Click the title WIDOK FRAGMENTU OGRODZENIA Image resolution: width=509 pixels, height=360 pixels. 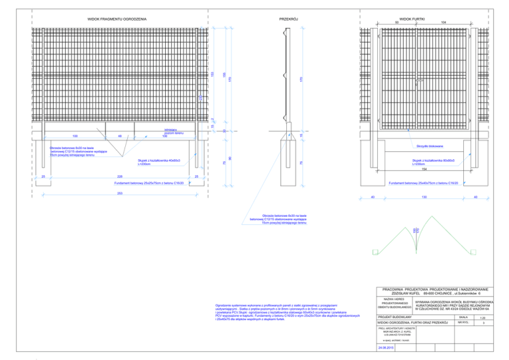click(117, 20)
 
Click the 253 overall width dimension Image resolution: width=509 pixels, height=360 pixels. click(119, 193)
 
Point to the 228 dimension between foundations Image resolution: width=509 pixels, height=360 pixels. click(119, 177)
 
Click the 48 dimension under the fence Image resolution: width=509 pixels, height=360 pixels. click(119, 135)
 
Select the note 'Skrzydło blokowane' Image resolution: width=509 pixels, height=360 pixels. click(429, 145)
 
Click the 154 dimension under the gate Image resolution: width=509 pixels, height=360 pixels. click(424, 170)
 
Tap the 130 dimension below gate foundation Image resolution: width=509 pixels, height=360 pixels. click(424, 198)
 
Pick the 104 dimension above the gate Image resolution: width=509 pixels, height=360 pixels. click(442, 23)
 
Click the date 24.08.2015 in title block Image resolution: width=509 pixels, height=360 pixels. click(386, 347)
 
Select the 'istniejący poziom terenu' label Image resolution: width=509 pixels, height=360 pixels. click(164, 133)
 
